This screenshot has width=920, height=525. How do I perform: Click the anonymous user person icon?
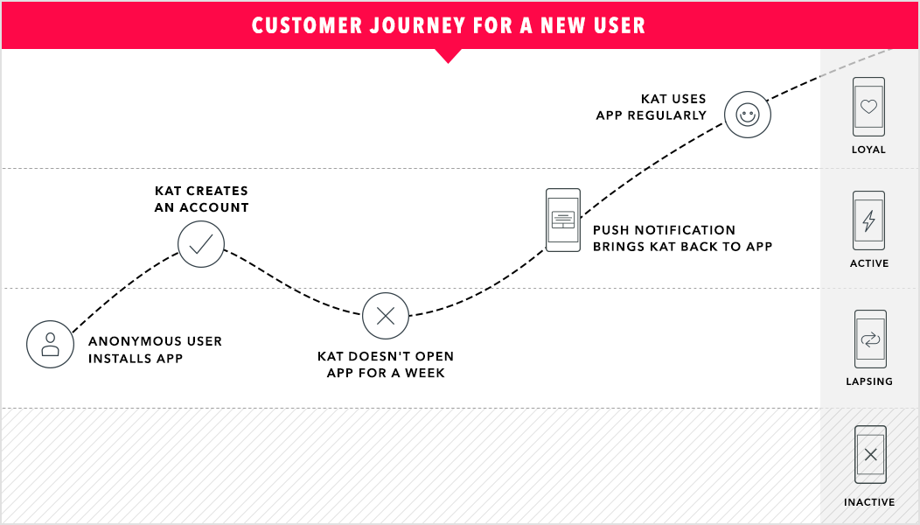point(50,344)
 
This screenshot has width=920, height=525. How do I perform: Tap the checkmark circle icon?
point(201,244)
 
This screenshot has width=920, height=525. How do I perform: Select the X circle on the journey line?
point(386,316)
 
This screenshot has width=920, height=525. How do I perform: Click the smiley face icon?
point(748,115)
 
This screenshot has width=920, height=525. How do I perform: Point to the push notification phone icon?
point(563,220)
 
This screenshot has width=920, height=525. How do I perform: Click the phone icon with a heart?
point(868,107)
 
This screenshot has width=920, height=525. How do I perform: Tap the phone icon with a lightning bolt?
point(868,220)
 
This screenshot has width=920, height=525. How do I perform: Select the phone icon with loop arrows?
point(870,339)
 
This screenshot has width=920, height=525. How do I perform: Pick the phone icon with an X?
point(870,455)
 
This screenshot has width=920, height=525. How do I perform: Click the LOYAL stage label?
point(869,150)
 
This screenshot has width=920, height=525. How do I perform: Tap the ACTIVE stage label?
point(869,263)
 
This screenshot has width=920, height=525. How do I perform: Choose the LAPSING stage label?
point(869,381)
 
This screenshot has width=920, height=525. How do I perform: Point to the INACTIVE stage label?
point(869,502)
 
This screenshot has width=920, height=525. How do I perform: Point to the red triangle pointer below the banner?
point(448,55)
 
